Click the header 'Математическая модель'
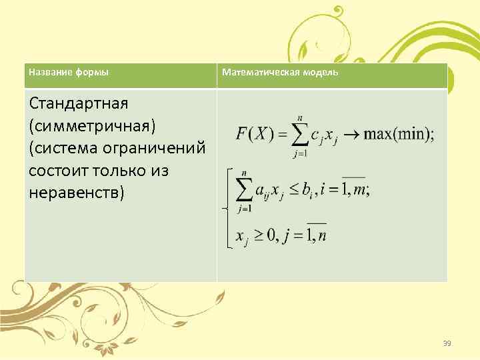click(280, 72)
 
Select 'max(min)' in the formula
click(398, 133)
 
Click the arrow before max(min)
click(350, 133)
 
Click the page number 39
click(447, 343)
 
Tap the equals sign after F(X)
click(283, 133)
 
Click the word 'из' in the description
click(159, 171)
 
